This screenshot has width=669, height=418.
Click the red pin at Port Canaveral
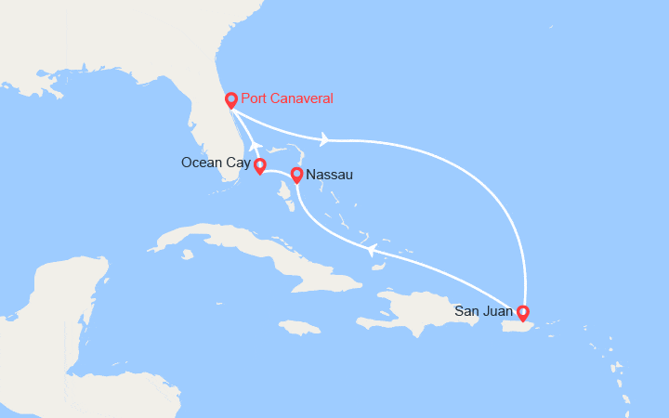coord(231,99)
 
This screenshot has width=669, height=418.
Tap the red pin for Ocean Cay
coord(260,166)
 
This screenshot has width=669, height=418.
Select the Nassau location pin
coord(296,174)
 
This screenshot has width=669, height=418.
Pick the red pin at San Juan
coord(522,312)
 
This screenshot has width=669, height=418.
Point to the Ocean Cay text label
coord(216,163)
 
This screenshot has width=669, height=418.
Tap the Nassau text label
coord(329,174)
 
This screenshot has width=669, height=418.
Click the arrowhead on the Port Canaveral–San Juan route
coord(323,139)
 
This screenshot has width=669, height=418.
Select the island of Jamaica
coord(298,327)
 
